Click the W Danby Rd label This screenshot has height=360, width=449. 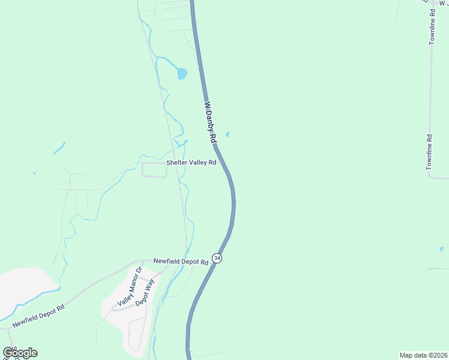tap(210, 121)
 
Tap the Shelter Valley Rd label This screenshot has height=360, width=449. tap(191, 163)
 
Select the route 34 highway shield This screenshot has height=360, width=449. tap(217, 258)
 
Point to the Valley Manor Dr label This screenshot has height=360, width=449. tap(130, 287)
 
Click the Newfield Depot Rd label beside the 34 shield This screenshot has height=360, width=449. tap(181, 261)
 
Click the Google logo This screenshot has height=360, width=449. tap(20, 353)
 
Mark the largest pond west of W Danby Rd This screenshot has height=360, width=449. tap(181, 74)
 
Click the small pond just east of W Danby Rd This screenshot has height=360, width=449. tap(227, 134)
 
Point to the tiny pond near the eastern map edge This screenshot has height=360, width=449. tap(442, 248)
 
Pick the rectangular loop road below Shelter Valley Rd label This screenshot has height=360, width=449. tap(154, 170)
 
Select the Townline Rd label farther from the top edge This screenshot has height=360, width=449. tap(430, 152)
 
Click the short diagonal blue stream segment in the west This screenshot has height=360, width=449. tap(59, 148)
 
